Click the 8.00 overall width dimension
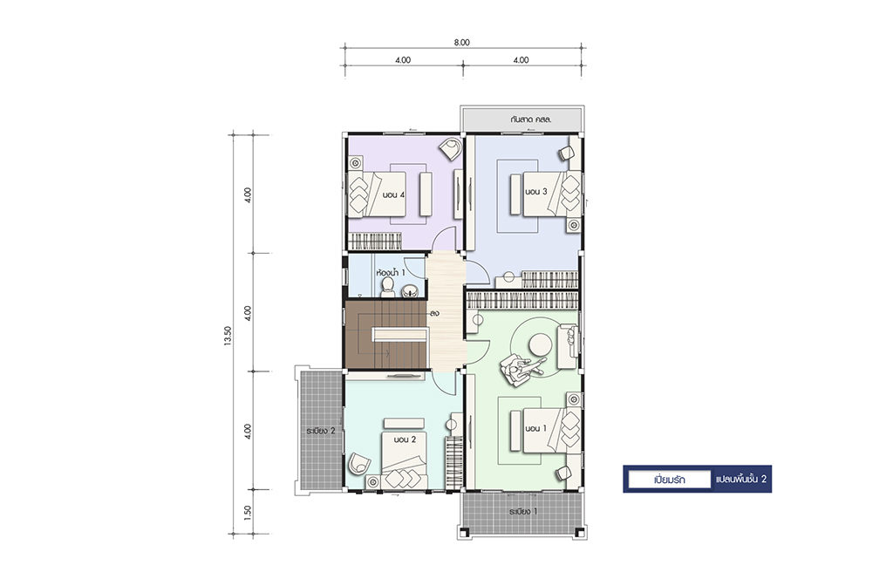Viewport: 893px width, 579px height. click(x=462, y=42)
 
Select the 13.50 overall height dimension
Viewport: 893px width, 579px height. click(x=228, y=336)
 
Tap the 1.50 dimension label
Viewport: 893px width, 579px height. click(x=247, y=513)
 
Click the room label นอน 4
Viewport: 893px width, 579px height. click(x=393, y=194)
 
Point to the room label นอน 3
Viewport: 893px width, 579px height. click(x=536, y=192)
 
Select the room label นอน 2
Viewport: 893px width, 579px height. click(x=405, y=439)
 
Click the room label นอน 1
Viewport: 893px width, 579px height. click(x=536, y=428)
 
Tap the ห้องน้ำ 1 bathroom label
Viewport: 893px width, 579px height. click(x=391, y=273)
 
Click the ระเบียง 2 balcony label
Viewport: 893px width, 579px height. click(x=321, y=431)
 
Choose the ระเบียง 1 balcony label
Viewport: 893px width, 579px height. click(x=523, y=512)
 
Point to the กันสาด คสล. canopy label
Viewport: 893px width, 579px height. click(x=532, y=120)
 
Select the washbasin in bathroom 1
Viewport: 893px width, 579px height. click(x=410, y=292)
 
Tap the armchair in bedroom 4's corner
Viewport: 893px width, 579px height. click(x=451, y=150)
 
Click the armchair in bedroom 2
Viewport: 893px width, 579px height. click(x=359, y=463)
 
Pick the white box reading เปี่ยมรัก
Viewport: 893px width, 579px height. click(x=670, y=480)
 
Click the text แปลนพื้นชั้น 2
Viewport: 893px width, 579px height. click(x=741, y=480)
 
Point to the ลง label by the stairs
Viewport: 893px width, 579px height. click(x=435, y=314)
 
